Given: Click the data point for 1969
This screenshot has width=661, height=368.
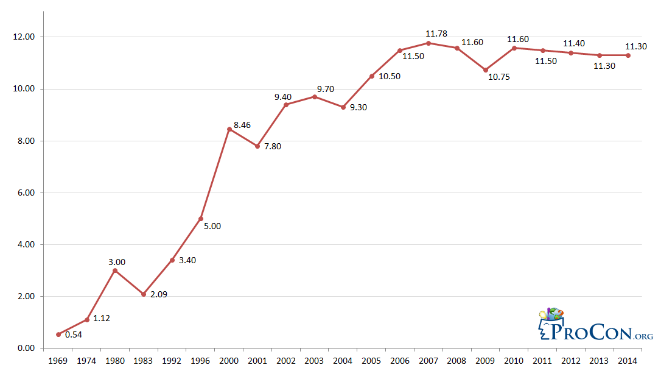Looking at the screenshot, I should [x=58, y=334].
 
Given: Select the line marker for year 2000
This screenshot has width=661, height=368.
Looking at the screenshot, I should [x=229, y=129].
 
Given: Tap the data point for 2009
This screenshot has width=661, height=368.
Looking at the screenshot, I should [x=486, y=70].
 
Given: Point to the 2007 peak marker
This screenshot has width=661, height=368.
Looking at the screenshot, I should [x=428, y=43].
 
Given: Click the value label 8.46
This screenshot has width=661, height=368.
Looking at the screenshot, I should [x=242, y=125].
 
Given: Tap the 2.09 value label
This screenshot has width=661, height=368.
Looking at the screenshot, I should [x=158, y=295].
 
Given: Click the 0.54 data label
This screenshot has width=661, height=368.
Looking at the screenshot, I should [x=73, y=334].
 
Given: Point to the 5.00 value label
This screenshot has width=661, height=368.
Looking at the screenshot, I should [x=212, y=226].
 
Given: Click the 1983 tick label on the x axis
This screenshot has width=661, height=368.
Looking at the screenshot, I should [x=144, y=360].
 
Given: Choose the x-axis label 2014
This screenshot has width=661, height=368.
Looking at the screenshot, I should [x=628, y=360].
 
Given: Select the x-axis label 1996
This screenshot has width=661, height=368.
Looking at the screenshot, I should [x=201, y=360].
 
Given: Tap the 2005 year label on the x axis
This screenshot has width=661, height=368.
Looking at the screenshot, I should [x=371, y=360].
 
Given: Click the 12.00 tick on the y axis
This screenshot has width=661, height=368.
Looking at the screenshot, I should [x=25, y=37].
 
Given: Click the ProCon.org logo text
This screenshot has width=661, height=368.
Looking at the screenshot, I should [x=600, y=331].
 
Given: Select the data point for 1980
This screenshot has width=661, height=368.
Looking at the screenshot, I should [x=115, y=271].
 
